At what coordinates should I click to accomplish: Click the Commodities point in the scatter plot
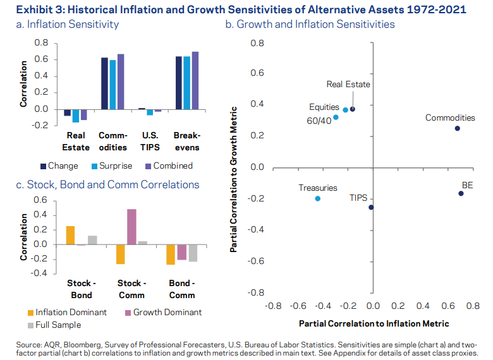[x=457, y=128]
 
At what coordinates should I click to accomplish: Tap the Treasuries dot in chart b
[x=317, y=198]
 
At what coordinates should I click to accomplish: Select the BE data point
[x=461, y=193]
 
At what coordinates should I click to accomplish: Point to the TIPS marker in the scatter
[x=371, y=207]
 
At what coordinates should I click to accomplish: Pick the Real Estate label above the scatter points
[x=348, y=84]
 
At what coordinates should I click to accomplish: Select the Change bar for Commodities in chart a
[x=105, y=83]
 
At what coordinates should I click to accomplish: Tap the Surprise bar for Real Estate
[x=76, y=116]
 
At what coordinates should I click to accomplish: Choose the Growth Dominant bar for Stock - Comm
[x=132, y=227]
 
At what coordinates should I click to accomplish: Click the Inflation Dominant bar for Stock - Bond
[x=70, y=235]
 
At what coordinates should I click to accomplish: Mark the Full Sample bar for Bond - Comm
[x=193, y=253]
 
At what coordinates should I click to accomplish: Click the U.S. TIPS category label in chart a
[x=149, y=141]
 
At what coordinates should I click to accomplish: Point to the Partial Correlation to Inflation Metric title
[x=373, y=323]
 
